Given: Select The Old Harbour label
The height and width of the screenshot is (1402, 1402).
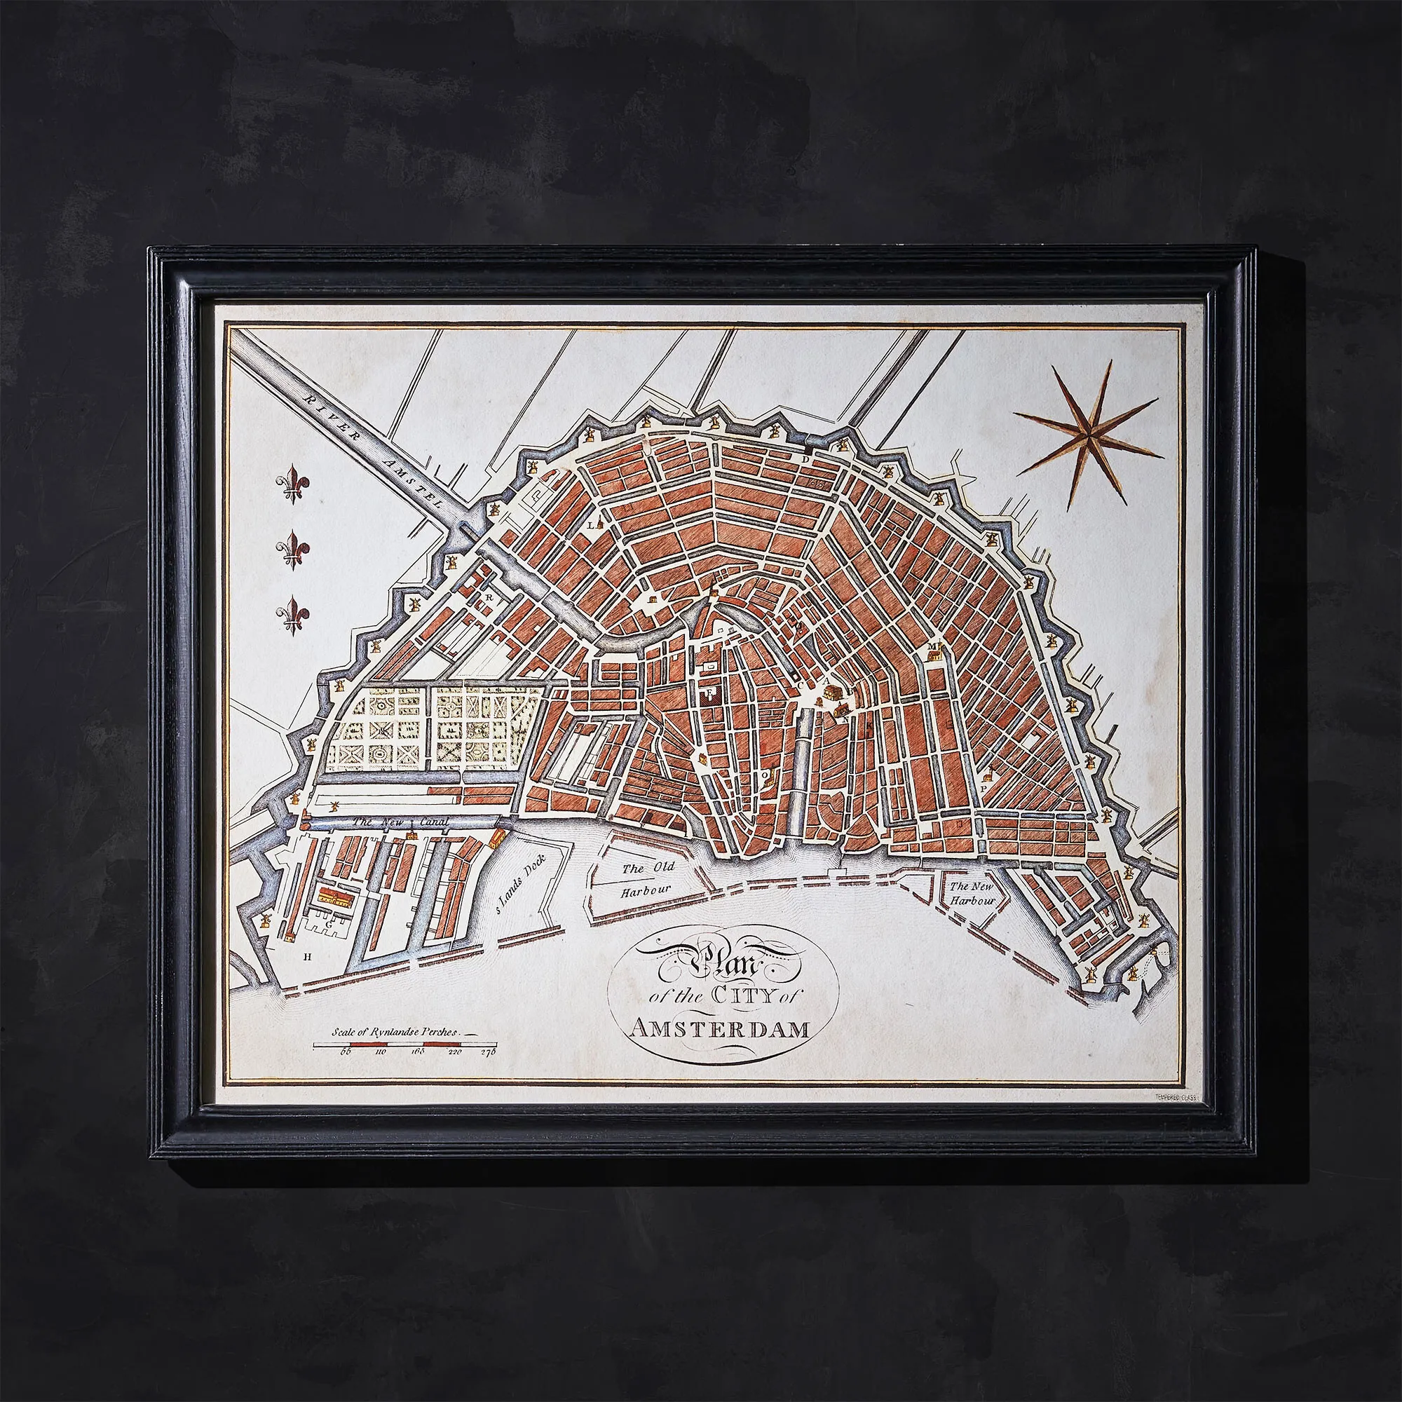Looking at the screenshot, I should [648, 879].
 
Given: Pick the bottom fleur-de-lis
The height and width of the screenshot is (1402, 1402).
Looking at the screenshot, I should [293, 613].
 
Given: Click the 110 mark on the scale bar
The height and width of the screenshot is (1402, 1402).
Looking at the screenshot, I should [380, 1070].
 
